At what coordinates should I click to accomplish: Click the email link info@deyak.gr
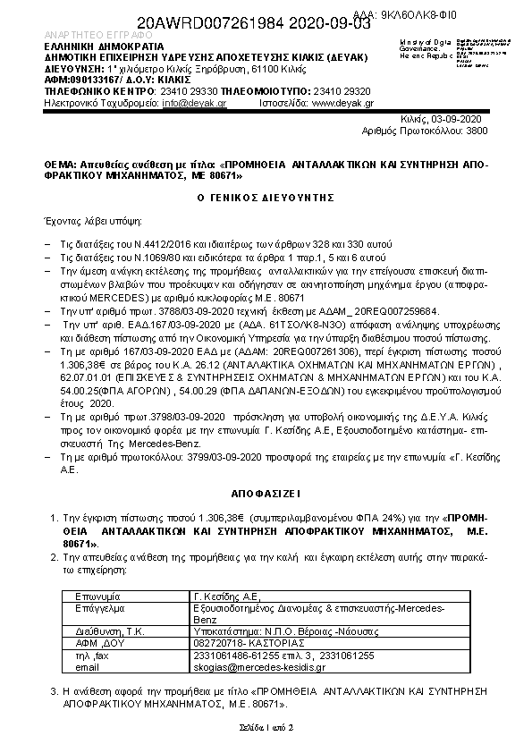[194, 104]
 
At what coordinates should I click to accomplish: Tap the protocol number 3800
[477, 131]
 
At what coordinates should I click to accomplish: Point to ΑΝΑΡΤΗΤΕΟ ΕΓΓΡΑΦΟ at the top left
[86, 35]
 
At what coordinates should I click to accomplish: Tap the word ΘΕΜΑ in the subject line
[60, 165]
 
